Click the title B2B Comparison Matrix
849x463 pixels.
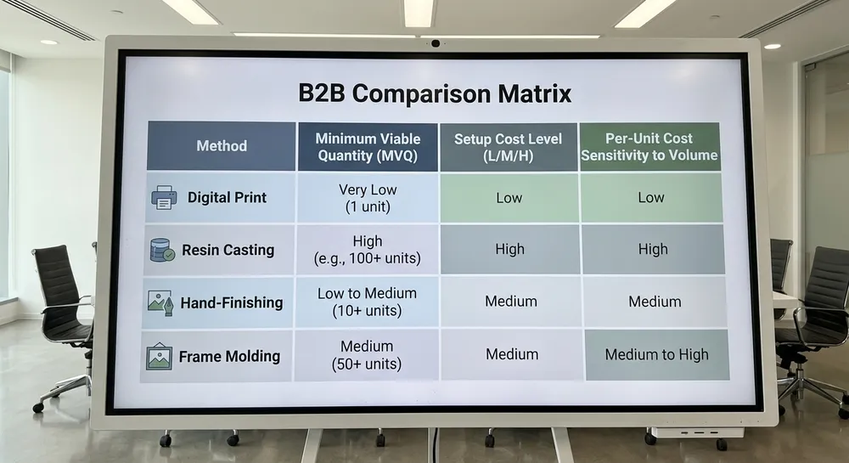[435, 93]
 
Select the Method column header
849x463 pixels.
[222, 145]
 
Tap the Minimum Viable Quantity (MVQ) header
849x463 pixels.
[368, 147]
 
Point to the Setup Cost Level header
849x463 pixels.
[509, 147]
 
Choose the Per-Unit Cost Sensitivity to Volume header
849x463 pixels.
[649, 147]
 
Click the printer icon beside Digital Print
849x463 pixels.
[164, 198]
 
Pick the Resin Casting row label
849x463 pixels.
[228, 250]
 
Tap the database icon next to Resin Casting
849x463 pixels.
[162, 250]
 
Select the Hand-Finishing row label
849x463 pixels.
[232, 302]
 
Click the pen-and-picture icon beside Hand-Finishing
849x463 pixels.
[160, 302]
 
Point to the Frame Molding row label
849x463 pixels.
[229, 356]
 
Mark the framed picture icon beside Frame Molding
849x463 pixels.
[160, 356]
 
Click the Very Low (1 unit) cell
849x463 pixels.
[368, 198]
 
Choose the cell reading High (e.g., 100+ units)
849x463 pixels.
[367, 250]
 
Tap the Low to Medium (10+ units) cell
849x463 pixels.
[367, 302]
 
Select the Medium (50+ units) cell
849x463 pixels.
[367, 355]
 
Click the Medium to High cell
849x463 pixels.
[657, 355]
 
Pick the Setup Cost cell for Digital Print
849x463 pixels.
[509, 198]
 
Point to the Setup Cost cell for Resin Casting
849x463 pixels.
[510, 249]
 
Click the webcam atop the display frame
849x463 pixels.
[436, 43]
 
